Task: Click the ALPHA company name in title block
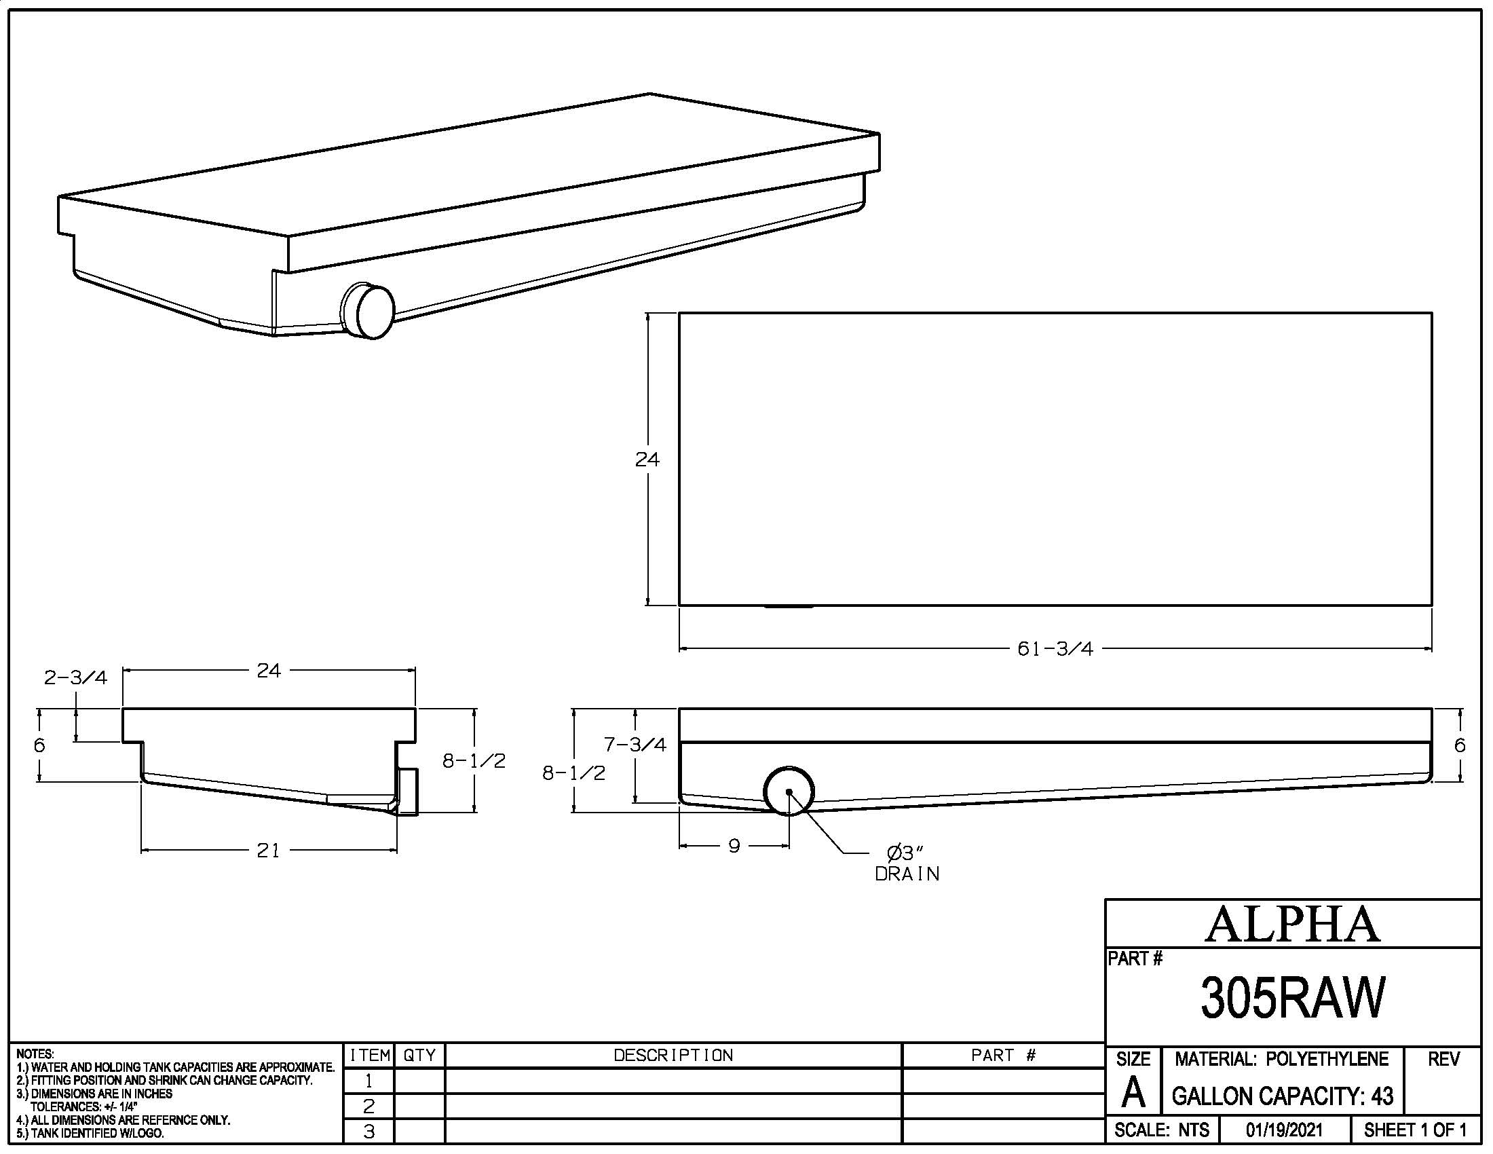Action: pyautogui.click(x=1292, y=925)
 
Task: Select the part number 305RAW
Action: pyautogui.click(x=1292, y=997)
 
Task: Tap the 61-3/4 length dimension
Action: pyautogui.click(x=1055, y=649)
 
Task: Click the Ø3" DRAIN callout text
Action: pyautogui.click(x=907, y=863)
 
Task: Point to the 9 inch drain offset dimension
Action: pyautogui.click(x=734, y=846)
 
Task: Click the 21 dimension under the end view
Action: pyautogui.click(x=268, y=851)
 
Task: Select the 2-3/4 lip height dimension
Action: pyautogui.click(x=75, y=677)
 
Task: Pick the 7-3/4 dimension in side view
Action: pyautogui.click(x=635, y=745)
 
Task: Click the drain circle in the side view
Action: pyautogui.click(x=789, y=791)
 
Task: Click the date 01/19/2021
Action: pyautogui.click(x=1284, y=1130)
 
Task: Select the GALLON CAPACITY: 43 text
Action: pyautogui.click(x=1282, y=1096)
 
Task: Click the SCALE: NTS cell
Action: pyautogui.click(x=1161, y=1130)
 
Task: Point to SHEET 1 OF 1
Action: pyautogui.click(x=1414, y=1130)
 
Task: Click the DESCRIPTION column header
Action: pyautogui.click(x=673, y=1056)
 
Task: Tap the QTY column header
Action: pyautogui.click(x=419, y=1056)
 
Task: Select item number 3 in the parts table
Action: pyautogui.click(x=368, y=1132)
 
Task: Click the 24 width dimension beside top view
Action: pyautogui.click(x=647, y=460)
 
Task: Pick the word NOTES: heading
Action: pyautogui.click(x=35, y=1054)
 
